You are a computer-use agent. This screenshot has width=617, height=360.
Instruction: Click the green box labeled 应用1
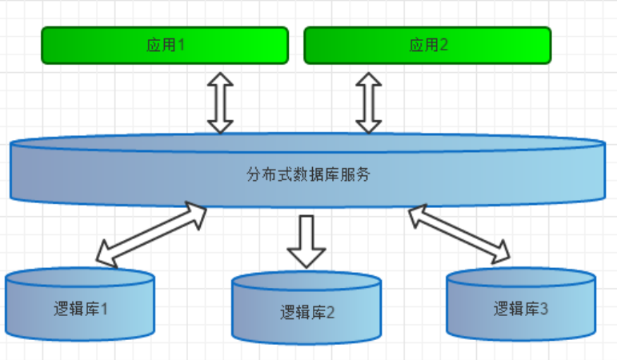coord(164,45)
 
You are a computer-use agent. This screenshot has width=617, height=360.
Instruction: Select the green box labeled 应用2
coord(427,45)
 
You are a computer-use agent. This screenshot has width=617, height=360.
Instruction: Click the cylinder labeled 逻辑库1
coord(78,309)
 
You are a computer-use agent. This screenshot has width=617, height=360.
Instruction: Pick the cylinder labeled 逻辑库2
coord(306,311)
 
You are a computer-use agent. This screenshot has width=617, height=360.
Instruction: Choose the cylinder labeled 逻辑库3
coord(520,307)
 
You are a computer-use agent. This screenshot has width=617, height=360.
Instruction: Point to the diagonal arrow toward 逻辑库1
coord(150,234)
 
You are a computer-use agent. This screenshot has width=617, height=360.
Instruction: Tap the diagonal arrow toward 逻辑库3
coord(459,234)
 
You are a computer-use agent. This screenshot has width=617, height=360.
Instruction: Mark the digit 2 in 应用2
coord(444,45)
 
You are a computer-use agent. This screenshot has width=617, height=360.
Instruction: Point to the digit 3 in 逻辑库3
coord(544,308)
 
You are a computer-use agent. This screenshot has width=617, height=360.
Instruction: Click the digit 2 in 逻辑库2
coord(330,312)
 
